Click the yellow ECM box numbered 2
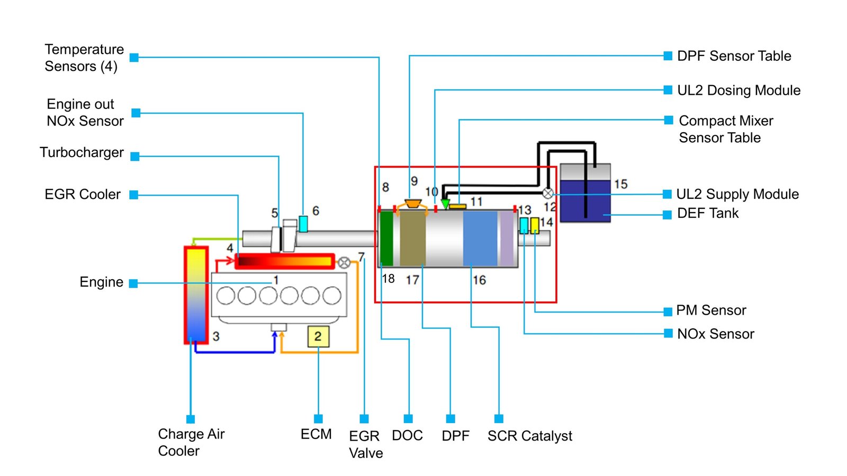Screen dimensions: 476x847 pyautogui.click(x=318, y=336)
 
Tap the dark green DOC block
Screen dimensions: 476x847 pyautogui.click(x=387, y=238)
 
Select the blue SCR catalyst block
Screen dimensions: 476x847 pyautogui.click(x=480, y=238)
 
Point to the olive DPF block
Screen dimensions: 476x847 pyautogui.click(x=412, y=238)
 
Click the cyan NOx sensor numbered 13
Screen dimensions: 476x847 pyautogui.click(x=524, y=226)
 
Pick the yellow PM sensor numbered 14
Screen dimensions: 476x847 pyautogui.click(x=535, y=225)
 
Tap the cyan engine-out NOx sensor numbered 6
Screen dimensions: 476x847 pyautogui.click(x=303, y=224)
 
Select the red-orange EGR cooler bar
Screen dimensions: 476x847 pyautogui.click(x=285, y=261)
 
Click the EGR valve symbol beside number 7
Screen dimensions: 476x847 pyautogui.click(x=344, y=262)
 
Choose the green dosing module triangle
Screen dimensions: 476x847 pyautogui.click(x=445, y=204)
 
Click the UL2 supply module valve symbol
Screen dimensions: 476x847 pyautogui.click(x=548, y=194)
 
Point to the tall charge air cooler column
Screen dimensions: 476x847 pyautogui.click(x=196, y=295)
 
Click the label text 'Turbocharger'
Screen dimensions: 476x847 pyautogui.click(x=82, y=153)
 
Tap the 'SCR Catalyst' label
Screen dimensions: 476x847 pyautogui.click(x=529, y=436)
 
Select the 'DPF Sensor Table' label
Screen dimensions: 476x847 pyautogui.click(x=734, y=56)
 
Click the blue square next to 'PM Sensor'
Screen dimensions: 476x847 pyautogui.click(x=668, y=312)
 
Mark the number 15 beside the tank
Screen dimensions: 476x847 pyautogui.click(x=620, y=185)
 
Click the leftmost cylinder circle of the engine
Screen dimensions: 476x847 pyautogui.click(x=226, y=296)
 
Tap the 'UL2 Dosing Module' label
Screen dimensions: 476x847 pyautogui.click(x=738, y=90)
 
